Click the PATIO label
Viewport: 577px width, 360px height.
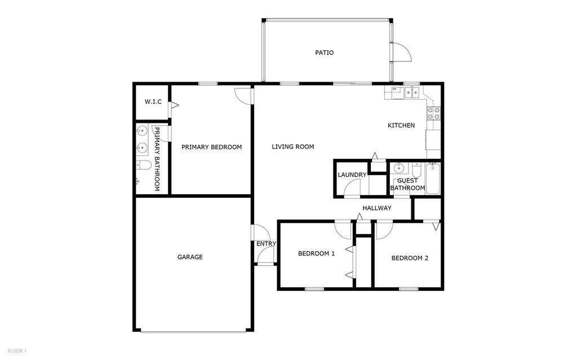pos(324,53)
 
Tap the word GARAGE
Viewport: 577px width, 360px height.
pos(190,257)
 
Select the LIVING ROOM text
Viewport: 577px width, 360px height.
pos(292,147)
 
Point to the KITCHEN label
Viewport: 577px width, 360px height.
pos(401,125)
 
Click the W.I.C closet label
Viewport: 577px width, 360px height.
pos(153,102)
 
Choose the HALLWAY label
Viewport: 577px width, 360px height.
pos(376,208)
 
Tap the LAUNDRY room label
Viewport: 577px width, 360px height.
pos(352,175)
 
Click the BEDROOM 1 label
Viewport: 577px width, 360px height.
pos(316,254)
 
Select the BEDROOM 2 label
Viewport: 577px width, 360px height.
pos(410,259)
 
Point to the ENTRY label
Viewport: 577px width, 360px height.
pos(266,244)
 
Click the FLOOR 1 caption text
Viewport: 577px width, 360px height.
pos(17,351)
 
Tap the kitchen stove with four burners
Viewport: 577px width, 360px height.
pos(433,114)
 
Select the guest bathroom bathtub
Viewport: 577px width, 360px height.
pos(433,178)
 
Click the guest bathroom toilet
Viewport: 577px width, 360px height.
pos(416,170)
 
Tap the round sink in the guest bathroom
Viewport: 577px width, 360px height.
pos(398,168)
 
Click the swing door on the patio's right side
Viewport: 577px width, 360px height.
pos(402,52)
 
